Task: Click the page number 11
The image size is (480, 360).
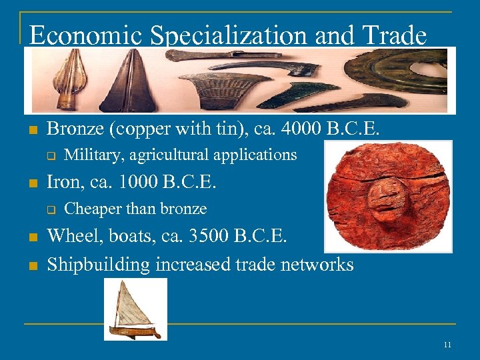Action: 447,344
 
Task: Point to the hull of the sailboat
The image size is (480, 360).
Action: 135,329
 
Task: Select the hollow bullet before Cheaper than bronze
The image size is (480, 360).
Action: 49,209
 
